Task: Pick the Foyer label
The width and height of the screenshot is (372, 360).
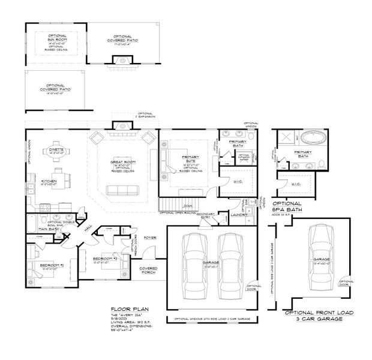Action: point(149,238)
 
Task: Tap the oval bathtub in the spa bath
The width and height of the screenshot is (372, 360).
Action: point(313,138)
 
